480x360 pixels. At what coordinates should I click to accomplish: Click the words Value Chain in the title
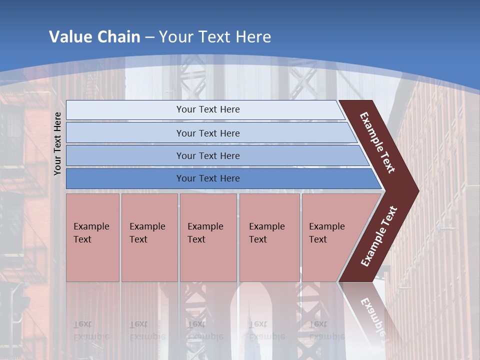(x=94, y=36)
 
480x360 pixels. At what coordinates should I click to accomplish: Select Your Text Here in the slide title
(x=215, y=36)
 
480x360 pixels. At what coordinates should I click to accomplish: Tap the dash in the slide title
(x=149, y=37)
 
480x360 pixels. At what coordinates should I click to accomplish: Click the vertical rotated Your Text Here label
(x=57, y=143)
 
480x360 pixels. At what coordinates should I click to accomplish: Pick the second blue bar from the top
(x=208, y=133)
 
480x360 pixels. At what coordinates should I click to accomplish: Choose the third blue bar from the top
(x=208, y=155)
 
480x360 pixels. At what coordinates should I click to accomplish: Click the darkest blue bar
(x=208, y=178)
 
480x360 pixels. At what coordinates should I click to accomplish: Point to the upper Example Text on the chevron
(x=377, y=142)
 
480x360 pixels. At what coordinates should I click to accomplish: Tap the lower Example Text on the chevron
(x=379, y=236)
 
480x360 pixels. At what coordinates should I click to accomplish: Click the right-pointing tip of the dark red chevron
(x=416, y=191)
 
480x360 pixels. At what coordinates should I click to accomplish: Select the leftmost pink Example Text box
(x=92, y=237)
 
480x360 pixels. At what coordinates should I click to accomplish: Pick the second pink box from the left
(x=149, y=237)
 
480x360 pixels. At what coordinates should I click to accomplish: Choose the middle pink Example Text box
(x=208, y=237)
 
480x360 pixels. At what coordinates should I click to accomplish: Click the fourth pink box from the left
(x=269, y=237)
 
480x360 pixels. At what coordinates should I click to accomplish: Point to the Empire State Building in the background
(x=249, y=325)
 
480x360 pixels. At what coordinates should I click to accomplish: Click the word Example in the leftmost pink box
(x=91, y=226)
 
